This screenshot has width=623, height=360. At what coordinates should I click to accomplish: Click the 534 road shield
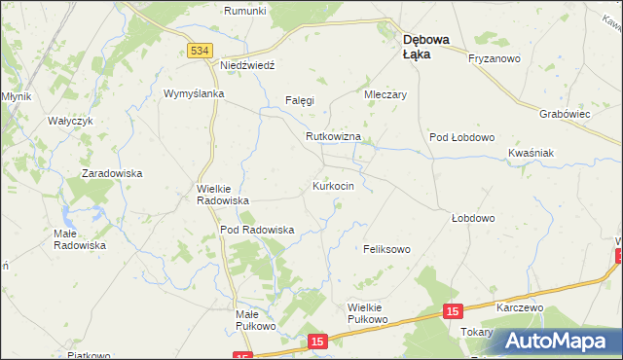click(200, 51)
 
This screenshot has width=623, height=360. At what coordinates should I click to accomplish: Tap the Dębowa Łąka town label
click(426, 47)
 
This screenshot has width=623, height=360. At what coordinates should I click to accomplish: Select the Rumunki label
click(244, 11)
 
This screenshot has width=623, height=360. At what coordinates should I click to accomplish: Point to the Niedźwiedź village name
click(249, 64)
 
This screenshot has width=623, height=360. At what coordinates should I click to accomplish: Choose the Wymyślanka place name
click(194, 93)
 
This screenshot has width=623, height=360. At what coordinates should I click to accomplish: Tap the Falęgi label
click(297, 100)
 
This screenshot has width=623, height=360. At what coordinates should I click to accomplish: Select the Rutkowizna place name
click(333, 137)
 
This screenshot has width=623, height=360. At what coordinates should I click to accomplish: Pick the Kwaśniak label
click(531, 154)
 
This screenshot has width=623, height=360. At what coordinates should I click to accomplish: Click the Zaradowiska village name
click(112, 173)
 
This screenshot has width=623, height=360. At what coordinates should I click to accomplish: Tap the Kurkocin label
click(340, 185)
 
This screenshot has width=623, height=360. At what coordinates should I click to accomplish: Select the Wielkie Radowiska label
click(223, 194)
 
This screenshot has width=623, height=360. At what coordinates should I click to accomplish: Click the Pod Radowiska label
click(257, 230)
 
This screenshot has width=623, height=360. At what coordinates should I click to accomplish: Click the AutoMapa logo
click(558, 340)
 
